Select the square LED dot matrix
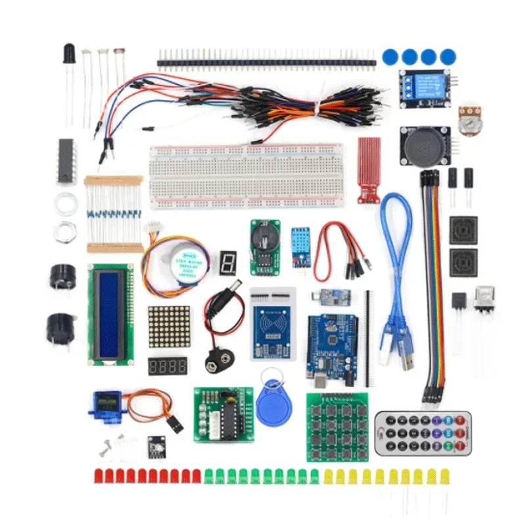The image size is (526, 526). coord(169,327)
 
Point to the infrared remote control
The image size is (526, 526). coord(423,433)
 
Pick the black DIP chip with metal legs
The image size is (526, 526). coord(66,160)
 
